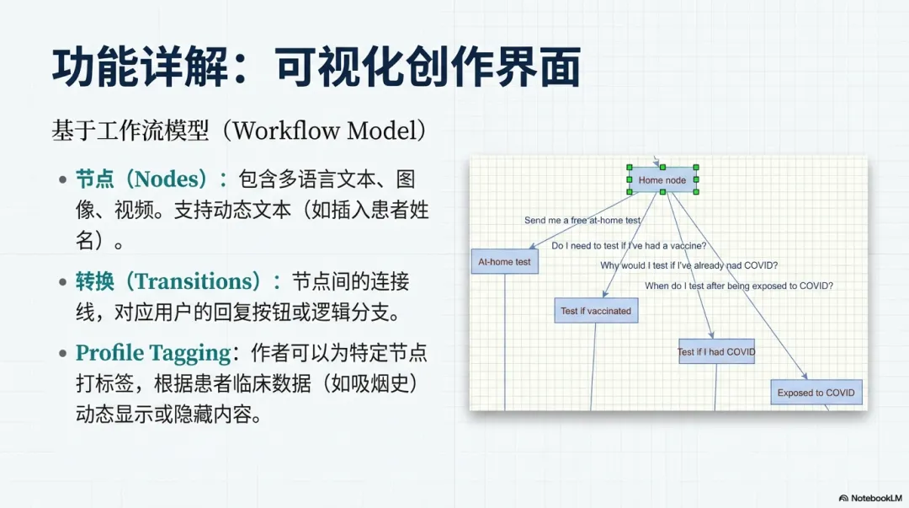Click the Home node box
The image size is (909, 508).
coord(662,179)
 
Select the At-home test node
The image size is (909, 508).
coord(504,262)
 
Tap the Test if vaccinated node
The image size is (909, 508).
coord(596,311)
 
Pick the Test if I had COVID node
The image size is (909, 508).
coord(716,351)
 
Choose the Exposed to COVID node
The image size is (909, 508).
coord(816,393)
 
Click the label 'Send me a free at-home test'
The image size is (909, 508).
coord(582,221)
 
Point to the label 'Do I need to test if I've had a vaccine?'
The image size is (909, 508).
coord(629,246)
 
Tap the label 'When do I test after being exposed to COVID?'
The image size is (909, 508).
coord(739,286)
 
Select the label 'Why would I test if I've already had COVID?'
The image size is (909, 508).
coord(688,265)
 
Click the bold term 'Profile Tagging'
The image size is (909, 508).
coord(153,353)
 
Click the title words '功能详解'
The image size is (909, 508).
coord(141,67)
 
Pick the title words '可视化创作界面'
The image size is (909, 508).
coord(428,67)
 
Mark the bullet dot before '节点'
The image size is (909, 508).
coord(63,179)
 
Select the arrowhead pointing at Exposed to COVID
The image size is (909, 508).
coord(805,377)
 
